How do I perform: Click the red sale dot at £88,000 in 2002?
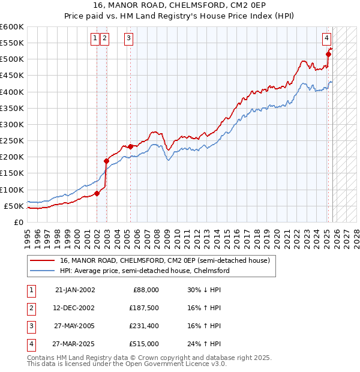(x=97, y=193)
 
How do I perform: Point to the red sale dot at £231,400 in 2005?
(x=131, y=146)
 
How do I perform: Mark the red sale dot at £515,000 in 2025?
(x=328, y=54)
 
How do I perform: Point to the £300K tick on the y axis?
(x=12, y=124)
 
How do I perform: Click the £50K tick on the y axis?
(x=14, y=206)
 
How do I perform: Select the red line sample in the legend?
(x=42, y=261)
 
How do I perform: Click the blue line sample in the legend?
(x=42, y=271)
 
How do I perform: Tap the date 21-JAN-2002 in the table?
(x=74, y=290)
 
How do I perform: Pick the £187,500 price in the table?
(x=143, y=308)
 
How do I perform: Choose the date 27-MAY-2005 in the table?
(x=74, y=326)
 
